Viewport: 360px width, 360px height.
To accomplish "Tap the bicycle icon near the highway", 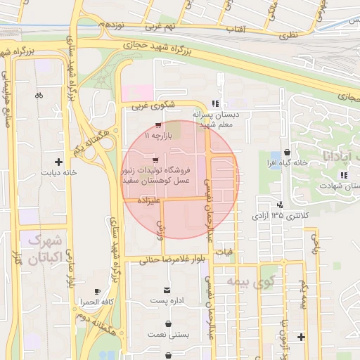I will [38, 95].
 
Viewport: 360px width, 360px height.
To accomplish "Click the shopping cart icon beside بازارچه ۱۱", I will [158, 125].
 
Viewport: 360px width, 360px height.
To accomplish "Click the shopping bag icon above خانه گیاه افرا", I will [287, 153].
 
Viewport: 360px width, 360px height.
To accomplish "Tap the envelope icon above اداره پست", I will [167, 290].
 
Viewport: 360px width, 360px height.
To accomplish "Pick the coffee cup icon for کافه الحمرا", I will [97, 291].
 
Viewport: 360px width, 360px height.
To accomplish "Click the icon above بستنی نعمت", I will [169, 325].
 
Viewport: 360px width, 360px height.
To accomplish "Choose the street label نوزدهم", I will [112, 25].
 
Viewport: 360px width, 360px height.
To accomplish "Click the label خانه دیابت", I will [58, 172].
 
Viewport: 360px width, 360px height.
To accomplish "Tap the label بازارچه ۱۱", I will [157, 134].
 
